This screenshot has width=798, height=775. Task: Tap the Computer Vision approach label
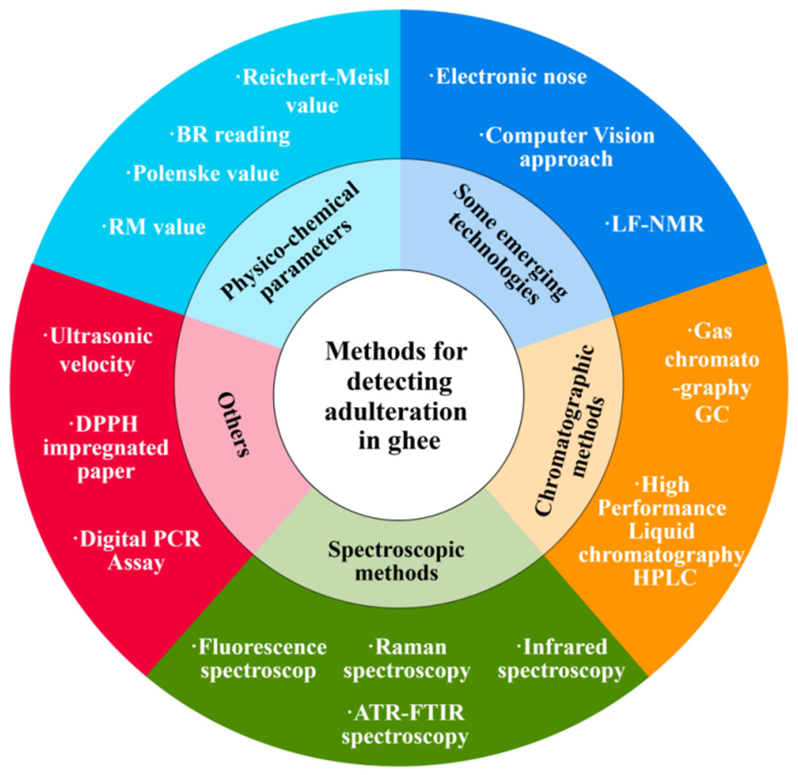coord(567,147)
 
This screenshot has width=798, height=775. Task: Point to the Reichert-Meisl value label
coord(313,91)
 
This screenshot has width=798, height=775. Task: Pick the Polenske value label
coord(204,174)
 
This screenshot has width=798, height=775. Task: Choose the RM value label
coord(155,227)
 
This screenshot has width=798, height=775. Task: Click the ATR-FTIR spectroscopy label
coord(405,725)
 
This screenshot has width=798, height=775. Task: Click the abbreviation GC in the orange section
coord(712,414)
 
